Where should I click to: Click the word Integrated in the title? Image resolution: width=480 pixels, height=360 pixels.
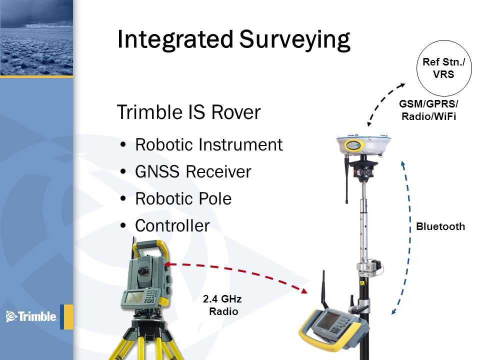(x=175, y=40)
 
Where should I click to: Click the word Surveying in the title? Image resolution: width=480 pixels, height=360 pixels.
(x=294, y=40)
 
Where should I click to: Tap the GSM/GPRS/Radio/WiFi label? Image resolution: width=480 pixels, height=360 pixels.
(x=428, y=110)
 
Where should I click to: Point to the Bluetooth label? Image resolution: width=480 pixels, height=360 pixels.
(x=440, y=226)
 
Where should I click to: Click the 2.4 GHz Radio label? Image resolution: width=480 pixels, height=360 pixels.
(x=222, y=305)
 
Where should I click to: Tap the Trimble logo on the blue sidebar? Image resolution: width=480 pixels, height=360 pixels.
(x=31, y=316)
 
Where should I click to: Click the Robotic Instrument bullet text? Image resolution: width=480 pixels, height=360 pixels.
(x=209, y=144)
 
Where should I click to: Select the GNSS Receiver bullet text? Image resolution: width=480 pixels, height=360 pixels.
(x=193, y=171)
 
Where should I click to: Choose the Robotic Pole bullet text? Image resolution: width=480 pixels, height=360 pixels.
(x=183, y=198)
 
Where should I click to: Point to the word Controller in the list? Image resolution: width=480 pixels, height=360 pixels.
(x=172, y=225)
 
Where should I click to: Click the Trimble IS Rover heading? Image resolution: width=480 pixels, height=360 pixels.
(x=189, y=112)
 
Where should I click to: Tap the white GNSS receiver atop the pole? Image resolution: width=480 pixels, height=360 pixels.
(x=363, y=144)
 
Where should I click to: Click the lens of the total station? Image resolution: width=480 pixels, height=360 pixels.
(x=142, y=271)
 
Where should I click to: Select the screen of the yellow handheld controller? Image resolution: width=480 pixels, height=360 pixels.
(x=327, y=319)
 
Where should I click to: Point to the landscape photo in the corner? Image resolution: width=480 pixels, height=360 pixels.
(x=36, y=37)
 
